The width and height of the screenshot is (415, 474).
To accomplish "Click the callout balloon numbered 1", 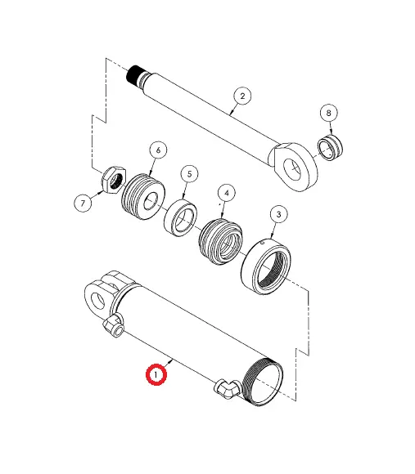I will (x=156, y=375).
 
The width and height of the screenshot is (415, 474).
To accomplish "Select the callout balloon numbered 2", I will (x=241, y=96).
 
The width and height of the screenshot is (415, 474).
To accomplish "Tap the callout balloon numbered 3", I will (x=277, y=215).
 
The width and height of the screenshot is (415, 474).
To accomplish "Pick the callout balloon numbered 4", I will (x=225, y=194).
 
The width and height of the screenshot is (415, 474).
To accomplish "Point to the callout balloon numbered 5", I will (x=189, y=173).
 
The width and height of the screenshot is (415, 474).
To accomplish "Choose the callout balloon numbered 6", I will (x=157, y=150).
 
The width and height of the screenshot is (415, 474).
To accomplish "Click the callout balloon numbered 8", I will (x=329, y=112).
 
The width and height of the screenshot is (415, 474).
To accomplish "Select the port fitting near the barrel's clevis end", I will (x=113, y=328).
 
